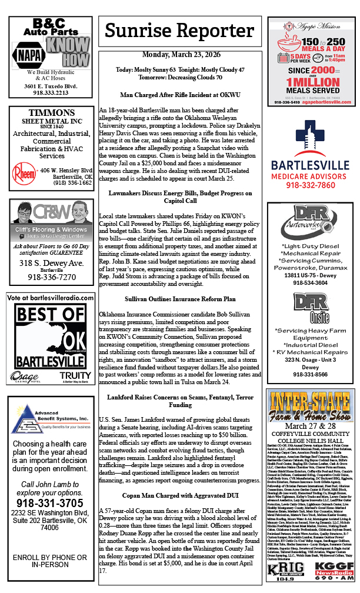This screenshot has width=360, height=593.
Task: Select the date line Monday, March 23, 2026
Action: coord(181,55)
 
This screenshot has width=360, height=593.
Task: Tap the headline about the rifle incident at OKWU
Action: coord(181,94)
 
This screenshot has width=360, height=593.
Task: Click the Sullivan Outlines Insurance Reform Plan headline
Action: coord(181,299)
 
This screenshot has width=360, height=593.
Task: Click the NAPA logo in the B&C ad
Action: coord(27,55)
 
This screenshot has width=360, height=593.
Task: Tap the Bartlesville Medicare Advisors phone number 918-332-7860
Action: coord(310,185)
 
